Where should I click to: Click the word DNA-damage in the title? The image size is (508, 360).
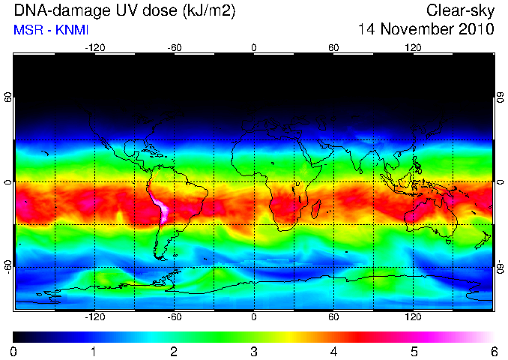pos(61,10)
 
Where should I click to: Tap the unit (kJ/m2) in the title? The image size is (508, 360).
pos(209,11)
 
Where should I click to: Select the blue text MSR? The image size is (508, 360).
pos(28,30)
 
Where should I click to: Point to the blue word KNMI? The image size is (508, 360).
pos(72,30)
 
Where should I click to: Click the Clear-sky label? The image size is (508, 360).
pos(460,11)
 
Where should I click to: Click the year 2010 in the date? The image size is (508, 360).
pos(477,28)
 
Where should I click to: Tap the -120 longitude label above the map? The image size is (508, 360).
pos(95,48)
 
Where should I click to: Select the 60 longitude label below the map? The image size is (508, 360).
pos(333,316)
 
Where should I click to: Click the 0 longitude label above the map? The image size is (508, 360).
pos(254,48)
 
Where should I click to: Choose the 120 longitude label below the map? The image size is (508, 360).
pos(413,316)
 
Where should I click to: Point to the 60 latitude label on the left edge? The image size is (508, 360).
pos(7,97)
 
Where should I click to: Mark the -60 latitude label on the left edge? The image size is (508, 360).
pos(7,267)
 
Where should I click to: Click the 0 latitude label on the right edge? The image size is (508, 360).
pos(501,182)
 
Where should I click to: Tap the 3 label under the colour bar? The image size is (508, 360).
pos(254,352)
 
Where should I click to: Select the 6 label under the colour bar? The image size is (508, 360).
pos(494,352)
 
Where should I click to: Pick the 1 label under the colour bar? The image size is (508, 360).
pos(94,352)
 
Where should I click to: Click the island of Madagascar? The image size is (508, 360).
pos(316,209)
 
